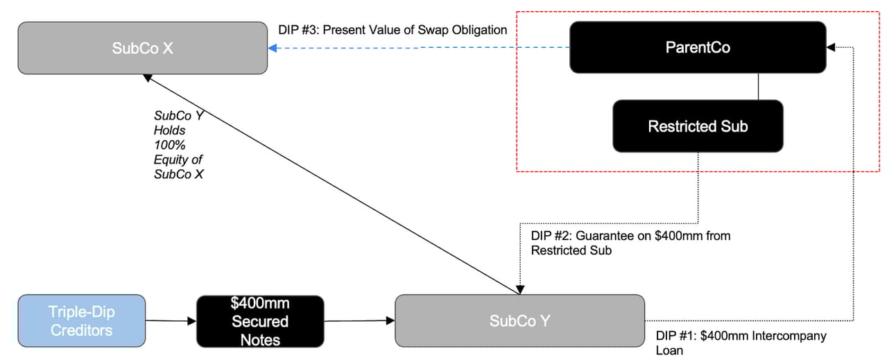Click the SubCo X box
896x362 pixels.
[142, 48]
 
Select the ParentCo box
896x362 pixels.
[698, 47]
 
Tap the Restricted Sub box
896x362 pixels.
[698, 126]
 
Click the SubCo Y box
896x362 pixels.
[519, 320]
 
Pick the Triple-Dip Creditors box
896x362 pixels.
[81, 320]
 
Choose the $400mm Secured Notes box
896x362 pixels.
[260, 321]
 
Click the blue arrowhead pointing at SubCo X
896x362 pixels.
[273, 48]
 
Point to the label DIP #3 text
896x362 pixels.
[393, 31]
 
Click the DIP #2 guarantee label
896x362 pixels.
[630, 243]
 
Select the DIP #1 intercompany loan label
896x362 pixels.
[741, 343]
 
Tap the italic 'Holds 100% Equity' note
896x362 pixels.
[178, 144]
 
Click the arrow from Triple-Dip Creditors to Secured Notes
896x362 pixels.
[171, 320]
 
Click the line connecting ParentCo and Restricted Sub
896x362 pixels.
[759, 86]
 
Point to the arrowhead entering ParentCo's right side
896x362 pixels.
[831, 47]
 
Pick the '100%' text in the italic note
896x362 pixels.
[166, 144]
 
